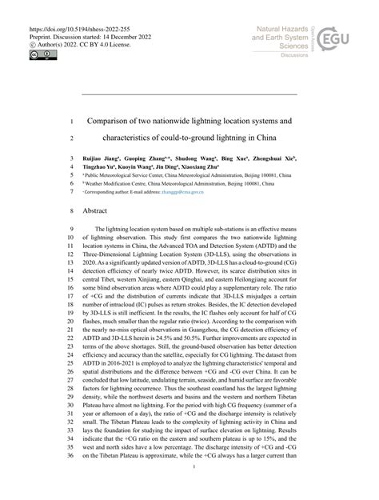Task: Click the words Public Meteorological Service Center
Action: (x=128, y=171)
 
